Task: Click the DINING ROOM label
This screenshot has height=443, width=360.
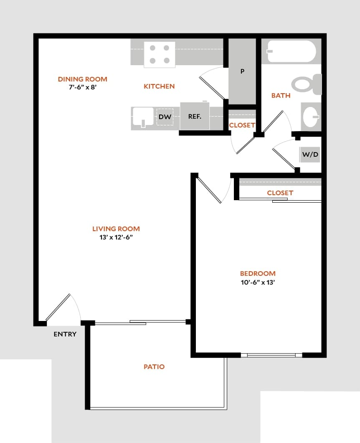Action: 82,79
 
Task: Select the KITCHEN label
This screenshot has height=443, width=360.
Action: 159,87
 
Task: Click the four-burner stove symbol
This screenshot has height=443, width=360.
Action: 160,54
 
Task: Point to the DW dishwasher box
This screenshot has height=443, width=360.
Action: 165,117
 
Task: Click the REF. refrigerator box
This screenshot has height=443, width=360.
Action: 195,117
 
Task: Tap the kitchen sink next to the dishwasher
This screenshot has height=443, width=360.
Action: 143,117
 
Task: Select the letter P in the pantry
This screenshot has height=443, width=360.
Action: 242,71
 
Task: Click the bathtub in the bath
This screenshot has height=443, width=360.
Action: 291,51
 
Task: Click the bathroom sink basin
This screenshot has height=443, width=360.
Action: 310,117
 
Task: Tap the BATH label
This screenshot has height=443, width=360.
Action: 281,96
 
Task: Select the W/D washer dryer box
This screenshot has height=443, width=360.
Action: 310,155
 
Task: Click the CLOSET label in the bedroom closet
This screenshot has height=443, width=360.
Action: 280,193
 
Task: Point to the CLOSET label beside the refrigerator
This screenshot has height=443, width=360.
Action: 242,125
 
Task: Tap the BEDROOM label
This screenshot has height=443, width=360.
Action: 258,274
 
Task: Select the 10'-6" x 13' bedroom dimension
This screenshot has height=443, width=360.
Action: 258,282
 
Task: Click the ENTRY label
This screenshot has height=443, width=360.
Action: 65,334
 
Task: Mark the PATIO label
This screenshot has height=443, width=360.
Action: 154,367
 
